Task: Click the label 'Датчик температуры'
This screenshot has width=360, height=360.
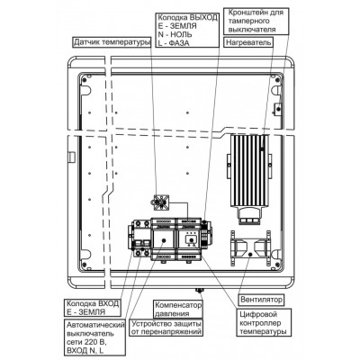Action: click(x=112, y=42)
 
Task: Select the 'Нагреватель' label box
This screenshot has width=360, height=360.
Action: click(x=248, y=42)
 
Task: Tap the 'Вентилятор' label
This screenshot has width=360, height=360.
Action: click(x=261, y=300)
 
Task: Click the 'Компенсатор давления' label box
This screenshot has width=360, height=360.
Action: click(x=178, y=310)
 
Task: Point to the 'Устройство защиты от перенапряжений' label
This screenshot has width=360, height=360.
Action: click(x=166, y=328)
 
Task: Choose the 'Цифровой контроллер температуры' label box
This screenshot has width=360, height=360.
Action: click(x=265, y=323)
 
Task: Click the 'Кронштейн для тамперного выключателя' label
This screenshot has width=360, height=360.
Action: click(x=256, y=21)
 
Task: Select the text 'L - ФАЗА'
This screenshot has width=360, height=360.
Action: click(x=174, y=42)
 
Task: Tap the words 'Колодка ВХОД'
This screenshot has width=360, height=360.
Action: click(x=93, y=303)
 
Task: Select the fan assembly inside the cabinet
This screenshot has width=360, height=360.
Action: click(x=250, y=247)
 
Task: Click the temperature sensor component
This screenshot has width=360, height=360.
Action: click(x=161, y=203)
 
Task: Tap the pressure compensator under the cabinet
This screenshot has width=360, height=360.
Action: click(x=199, y=290)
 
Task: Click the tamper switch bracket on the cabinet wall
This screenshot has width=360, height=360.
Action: click(x=278, y=108)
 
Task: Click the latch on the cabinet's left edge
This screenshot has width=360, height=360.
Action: click(x=72, y=157)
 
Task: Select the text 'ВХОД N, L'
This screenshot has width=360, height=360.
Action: click(x=85, y=350)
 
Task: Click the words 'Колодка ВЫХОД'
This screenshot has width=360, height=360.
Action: click(x=187, y=17)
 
